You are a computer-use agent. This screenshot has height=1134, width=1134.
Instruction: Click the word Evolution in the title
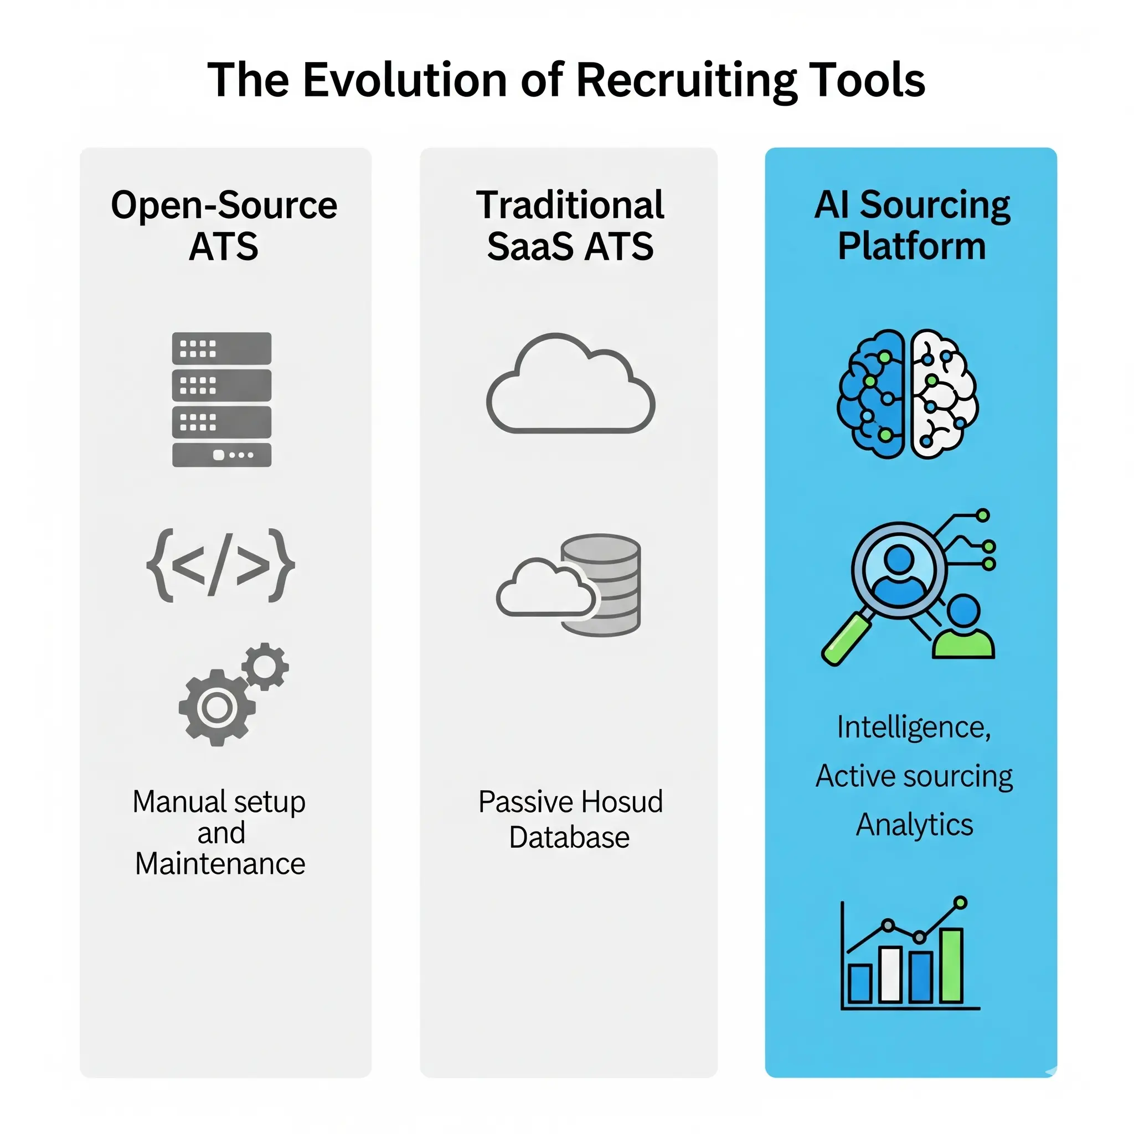coord(404,80)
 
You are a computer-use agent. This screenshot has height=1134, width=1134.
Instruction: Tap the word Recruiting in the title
coord(686,80)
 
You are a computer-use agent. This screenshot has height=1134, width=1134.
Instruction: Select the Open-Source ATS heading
coord(224,225)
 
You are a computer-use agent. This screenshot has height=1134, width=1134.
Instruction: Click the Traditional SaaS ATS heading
coord(570,225)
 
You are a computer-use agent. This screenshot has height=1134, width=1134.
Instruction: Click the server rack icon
coord(221,399)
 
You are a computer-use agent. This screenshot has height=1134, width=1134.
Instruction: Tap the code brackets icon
coord(220,565)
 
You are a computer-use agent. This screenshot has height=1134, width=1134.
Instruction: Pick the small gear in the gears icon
coord(265,666)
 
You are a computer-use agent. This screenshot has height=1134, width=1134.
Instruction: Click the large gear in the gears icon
coord(217,708)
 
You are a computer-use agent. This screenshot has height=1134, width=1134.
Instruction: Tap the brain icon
coord(908,393)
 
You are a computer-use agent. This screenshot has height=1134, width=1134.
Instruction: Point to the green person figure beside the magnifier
coord(963,628)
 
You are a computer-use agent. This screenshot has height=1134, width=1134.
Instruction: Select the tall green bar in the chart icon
coord(951,965)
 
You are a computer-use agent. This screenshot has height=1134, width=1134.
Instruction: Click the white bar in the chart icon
coord(890,975)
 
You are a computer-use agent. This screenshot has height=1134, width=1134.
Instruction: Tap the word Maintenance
coord(220,864)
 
